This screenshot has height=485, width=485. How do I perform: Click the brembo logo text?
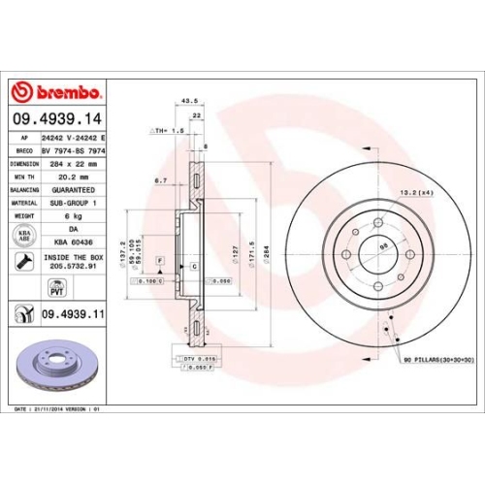click(x=64, y=92)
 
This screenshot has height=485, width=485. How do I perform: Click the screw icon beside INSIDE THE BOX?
click(x=25, y=260)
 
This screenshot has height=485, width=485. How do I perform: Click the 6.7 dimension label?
click(x=162, y=180)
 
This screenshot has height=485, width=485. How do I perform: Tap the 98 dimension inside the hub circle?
click(x=382, y=246)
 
